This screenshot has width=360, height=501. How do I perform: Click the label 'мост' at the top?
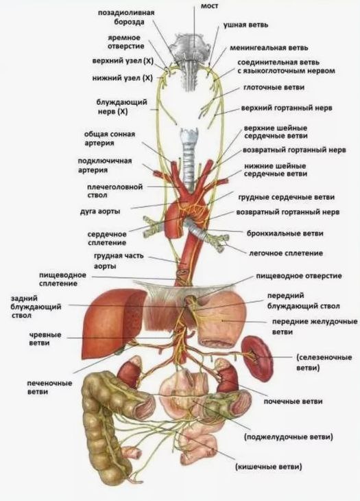click(x=209, y=6)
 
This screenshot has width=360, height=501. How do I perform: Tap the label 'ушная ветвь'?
click(x=245, y=25)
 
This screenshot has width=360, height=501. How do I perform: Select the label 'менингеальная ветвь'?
click(x=269, y=48)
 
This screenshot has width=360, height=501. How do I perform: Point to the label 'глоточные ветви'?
click(x=274, y=88)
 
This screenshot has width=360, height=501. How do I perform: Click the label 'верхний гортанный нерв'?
click(x=287, y=108)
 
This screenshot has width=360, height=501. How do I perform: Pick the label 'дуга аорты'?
click(x=100, y=211)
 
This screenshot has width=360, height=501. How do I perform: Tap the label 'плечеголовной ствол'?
click(x=115, y=191)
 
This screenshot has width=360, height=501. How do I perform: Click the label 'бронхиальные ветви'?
click(x=285, y=233)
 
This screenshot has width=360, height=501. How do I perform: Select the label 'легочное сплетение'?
click(x=286, y=253)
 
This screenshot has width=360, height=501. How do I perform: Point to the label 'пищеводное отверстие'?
click(x=299, y=276)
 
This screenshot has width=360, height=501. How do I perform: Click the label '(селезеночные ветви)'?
click(x=324, y=362)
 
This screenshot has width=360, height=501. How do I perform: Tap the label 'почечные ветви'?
click(x=293, y=401)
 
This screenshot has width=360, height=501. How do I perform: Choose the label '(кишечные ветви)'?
click(x=268, y=467)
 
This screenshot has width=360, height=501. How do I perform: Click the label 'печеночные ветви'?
click(x=50, y=387)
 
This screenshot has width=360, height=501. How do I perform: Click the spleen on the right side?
click(x=256, y=359)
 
